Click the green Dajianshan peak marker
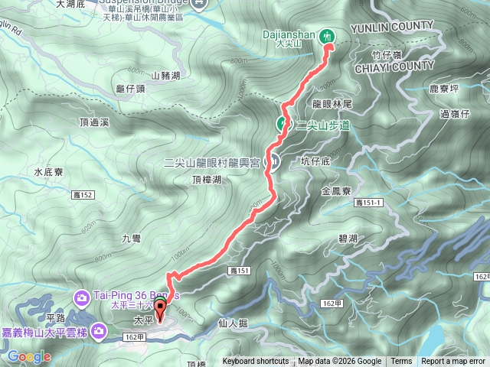click(329, 35)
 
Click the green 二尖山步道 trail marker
click(282, 124)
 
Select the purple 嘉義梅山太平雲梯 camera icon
click(99, 330)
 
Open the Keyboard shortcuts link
click(256, 362)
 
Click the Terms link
click(401, 362)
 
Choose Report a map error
click(454, 362)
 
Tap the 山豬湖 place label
click(165, 75)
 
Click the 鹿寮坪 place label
click(445, 89)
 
